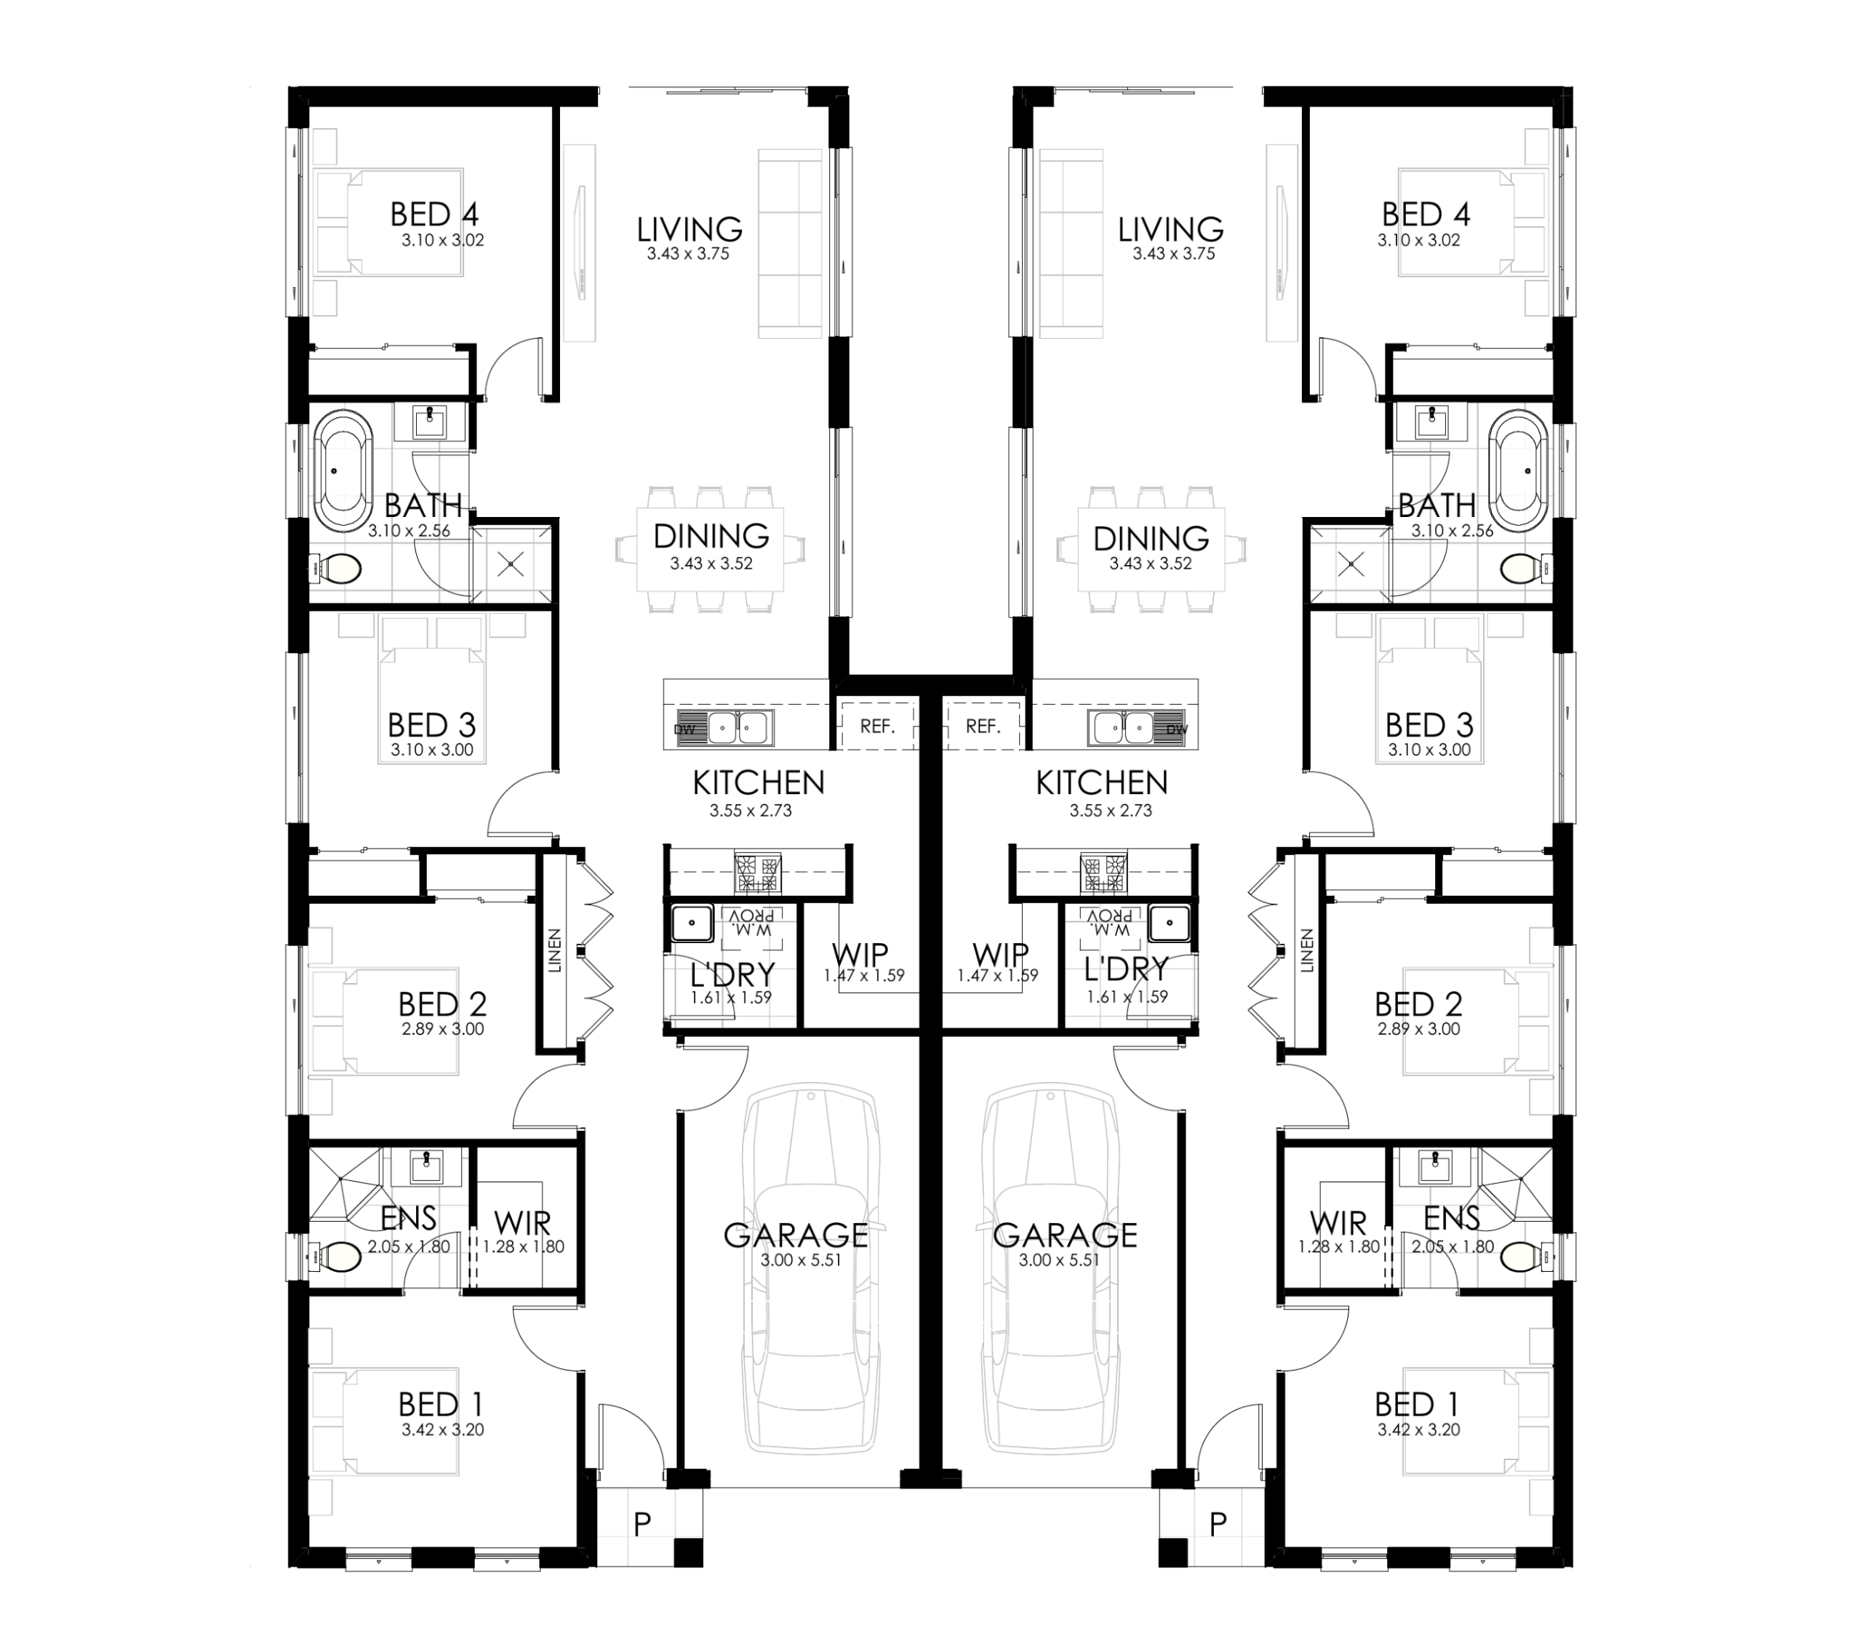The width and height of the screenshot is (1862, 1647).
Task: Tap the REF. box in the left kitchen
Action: point(877,726)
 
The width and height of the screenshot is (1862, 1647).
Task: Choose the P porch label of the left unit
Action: point(642,1524)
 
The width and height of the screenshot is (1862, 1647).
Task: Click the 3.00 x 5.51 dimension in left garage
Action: point(795,1261)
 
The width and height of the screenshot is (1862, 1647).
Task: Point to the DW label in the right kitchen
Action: point(1176,729)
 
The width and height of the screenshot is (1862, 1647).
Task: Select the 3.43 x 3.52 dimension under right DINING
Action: point(1151,564)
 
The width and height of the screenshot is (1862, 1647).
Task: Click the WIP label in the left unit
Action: point(860,955)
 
